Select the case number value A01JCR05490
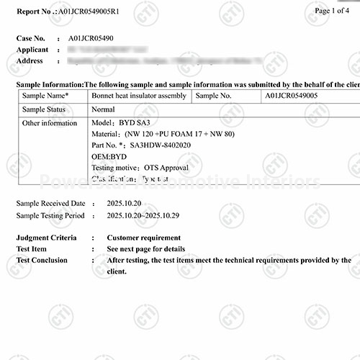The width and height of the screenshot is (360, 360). coord(91,38)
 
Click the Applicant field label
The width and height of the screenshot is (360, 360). coord(33,50)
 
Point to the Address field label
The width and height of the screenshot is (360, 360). coord(30,60)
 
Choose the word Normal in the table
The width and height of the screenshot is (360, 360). coord(104,109)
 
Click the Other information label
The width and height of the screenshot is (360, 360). coord(50,123)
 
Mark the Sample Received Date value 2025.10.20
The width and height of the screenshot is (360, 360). coord(125,204)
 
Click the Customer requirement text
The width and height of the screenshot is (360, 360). coord(144,238)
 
